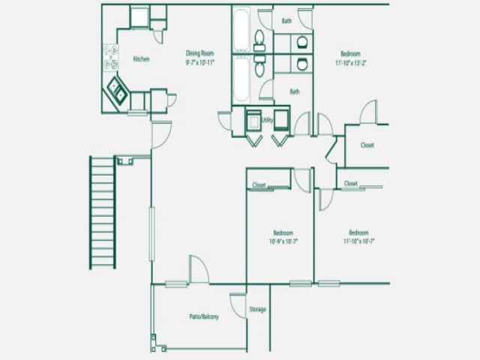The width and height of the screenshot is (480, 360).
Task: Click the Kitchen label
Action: (x=141, y=59)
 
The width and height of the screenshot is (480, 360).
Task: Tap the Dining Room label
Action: (x=199, y=53)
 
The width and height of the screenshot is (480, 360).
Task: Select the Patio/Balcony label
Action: (x=204, y=317)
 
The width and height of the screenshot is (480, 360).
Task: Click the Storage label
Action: (x=257, y=309)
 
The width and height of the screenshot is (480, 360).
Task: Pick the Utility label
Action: (x=267, y=120)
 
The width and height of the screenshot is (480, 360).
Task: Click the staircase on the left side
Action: (x=103, y=211)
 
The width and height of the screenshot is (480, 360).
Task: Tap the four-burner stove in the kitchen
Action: (x=110, y=56)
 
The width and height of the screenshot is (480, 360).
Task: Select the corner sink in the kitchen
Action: (x=117, y=91)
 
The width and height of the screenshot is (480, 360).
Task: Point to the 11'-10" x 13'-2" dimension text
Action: (x=349, y=62)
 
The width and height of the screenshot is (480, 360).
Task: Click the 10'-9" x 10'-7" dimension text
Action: (x=283, y=241)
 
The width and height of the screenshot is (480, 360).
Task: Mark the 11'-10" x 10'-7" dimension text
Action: (x=358, y=241)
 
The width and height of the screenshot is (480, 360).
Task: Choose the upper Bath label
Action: (x=286, y=21)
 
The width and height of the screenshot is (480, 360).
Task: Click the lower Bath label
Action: (x=295, y=92)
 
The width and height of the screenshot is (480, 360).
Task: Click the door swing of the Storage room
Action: (x=238, y=304)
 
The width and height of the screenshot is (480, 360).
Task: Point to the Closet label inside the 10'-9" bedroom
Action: (x=259, y=184)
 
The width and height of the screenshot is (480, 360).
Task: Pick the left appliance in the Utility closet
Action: (x=253, y=120)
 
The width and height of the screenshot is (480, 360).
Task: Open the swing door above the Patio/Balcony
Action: (x=198, y=270)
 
